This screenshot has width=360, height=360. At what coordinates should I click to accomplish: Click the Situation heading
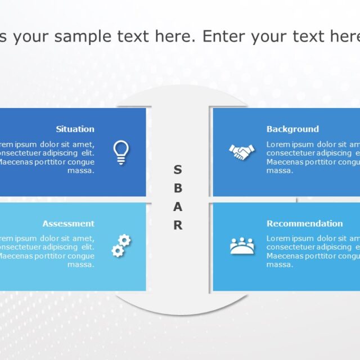pyautogui.click(x=75, y=129)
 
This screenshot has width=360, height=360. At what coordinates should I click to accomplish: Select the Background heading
pyautogui.click(x=292, y=129)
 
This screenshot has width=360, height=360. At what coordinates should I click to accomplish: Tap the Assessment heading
pyautogui.click(x=68, y=223)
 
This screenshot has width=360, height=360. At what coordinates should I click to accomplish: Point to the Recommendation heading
pyautogui.click(x=304, y=223)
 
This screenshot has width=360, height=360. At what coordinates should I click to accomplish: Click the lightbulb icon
pyautogui.click(x=121, y=152)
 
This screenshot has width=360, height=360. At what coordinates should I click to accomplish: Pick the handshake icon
pyautogui.click(x=241, y=152)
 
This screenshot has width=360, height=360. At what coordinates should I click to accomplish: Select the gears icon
pyautogui.click(x=121, y=246)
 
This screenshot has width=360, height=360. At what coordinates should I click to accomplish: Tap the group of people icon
pyautogui.click(x=242, y=246)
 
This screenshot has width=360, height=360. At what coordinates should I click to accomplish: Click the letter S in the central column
pyautogui.click(x=178, y=169)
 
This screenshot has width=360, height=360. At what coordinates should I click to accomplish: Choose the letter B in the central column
pyautogui.click(x=178, y=188)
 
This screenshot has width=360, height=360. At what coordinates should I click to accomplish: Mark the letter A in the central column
pyautogui.click(x=178, y=206)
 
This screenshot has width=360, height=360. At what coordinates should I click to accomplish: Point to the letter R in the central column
pyautogui.click(x=178, y=225)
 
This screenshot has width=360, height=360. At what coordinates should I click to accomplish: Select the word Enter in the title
pyautogui.click(x=223, y=37)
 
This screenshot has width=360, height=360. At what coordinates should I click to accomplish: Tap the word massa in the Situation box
pyautogui.click(x=81, y=171)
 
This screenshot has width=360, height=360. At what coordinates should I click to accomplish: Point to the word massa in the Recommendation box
pyautogui.click(x=280, y=265)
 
